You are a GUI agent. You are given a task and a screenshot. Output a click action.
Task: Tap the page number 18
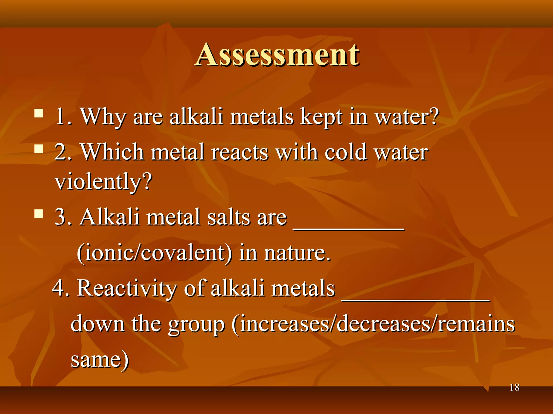point(514,388)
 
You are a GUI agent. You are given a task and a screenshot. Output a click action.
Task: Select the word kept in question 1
point(321,117)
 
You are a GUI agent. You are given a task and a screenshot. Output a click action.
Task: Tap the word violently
point(103,182)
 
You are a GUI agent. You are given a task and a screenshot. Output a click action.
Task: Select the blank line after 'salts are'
point(349,228)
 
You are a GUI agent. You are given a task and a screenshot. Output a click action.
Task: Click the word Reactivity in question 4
point(127,288)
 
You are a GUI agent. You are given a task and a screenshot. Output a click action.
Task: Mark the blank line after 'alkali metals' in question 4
point(416,300)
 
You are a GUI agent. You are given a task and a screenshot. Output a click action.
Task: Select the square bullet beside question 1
point(39,113)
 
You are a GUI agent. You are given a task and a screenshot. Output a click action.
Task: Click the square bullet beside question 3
point(39,214)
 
